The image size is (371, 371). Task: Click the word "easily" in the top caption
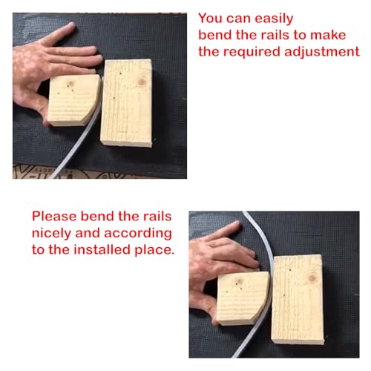[274, 19]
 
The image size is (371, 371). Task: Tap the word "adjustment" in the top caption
[322, 52]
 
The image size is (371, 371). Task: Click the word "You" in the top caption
[210, 18]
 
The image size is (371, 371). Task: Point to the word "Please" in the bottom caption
[54, 216]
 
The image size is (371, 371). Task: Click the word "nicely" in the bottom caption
[52, 233]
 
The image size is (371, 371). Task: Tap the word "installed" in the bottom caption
[102, 249]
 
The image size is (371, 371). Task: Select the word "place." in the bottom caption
[154, 250]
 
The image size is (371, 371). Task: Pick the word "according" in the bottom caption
[138, 233]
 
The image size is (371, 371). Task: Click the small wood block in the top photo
[73, 100]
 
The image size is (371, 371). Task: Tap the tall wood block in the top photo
[126, 102]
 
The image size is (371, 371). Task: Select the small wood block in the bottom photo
[243, 298]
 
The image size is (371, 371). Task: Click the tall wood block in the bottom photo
[298, 299]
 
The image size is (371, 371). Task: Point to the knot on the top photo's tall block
[142, 82]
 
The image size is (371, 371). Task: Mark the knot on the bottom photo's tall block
[312, 278]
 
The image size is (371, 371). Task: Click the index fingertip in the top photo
[71, 25]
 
